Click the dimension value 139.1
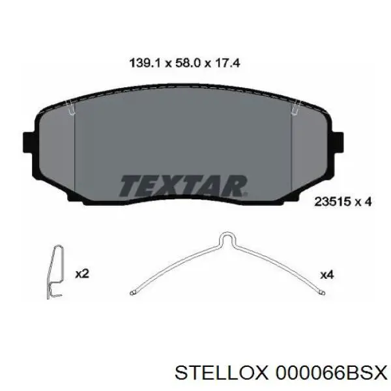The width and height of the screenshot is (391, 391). pos(145,63)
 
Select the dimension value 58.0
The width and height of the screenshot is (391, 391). pos(188,63)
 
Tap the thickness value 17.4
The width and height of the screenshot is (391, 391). pos(227,63)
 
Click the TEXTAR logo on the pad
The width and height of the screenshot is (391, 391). pos(183,186)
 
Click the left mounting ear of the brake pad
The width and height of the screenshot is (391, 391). pos(29,142)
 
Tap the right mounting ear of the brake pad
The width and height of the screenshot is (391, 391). pos(338,142)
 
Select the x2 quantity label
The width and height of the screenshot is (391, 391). pos(82,274)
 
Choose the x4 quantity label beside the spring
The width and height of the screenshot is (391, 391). pos(327,275)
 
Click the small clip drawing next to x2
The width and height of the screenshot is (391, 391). pos(55,272)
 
